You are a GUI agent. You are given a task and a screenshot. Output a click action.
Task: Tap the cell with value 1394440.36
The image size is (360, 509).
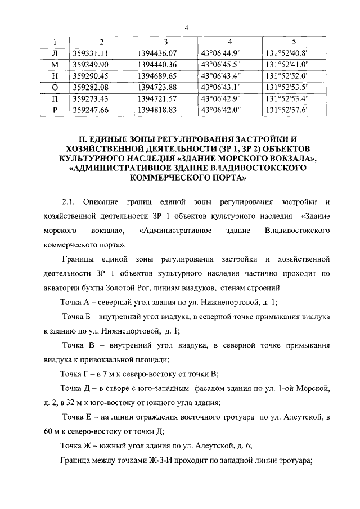click(157, 65)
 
